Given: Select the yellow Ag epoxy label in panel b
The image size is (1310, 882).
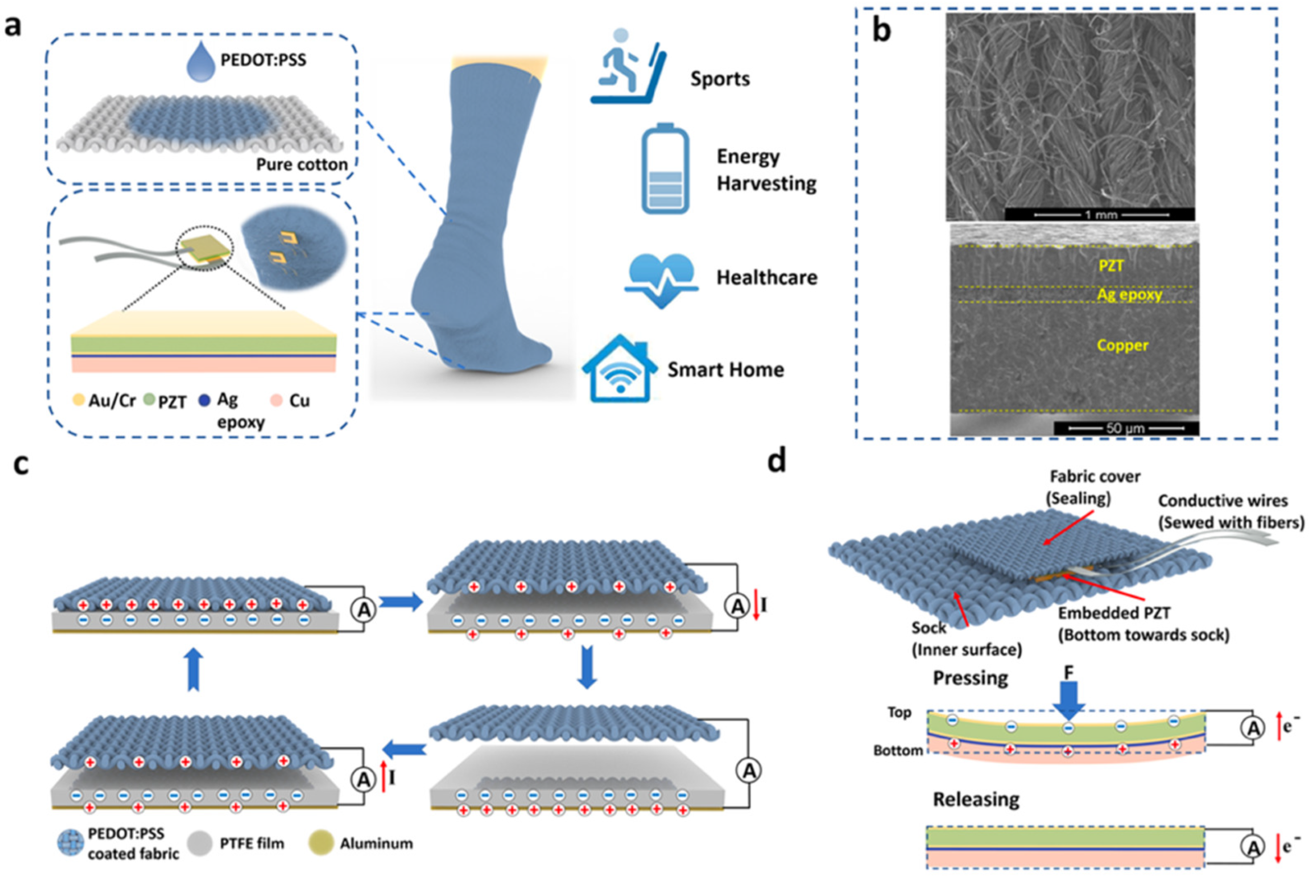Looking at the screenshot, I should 1129,294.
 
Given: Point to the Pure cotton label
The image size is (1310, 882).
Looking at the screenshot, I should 301,164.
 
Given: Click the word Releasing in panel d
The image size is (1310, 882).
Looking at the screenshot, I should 976,799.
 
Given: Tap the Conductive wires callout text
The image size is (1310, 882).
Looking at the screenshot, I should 1223,501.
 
